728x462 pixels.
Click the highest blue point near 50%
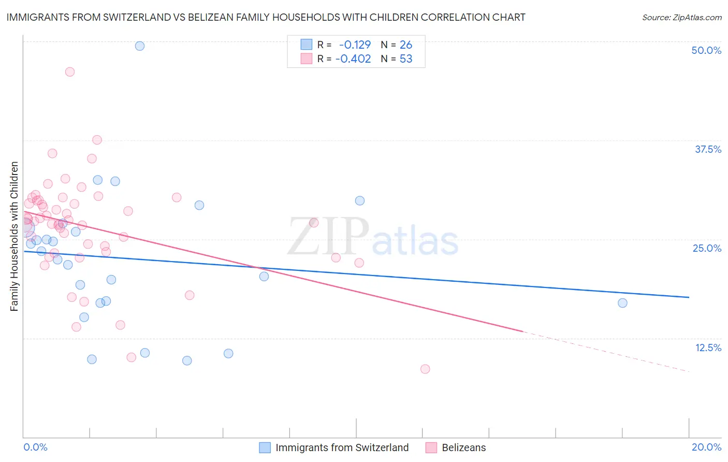pos(140,46)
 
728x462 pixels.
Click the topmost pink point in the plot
pos(70,72)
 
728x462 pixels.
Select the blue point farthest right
pos(622,303)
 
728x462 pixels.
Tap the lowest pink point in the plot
pos(425,369)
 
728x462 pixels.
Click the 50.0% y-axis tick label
pos(706,50)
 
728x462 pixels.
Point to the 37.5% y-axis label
pos(708,149)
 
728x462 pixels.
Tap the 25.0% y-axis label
pos(707,248)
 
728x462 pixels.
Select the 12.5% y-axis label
pos(708,348)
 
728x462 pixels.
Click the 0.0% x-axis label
pos(36,447)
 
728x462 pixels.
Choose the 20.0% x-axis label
pos(706,447)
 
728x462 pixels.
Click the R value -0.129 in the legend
pos(355,45)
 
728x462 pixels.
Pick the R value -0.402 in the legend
pos(353,59)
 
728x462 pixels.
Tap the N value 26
pos(406,45)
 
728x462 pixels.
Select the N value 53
pos(406,59)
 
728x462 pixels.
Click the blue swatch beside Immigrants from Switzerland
pos(265,447)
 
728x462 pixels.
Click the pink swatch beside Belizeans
pos(431,447)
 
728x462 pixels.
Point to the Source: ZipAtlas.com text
pos(681,18)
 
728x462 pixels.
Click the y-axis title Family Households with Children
pos(14,236)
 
